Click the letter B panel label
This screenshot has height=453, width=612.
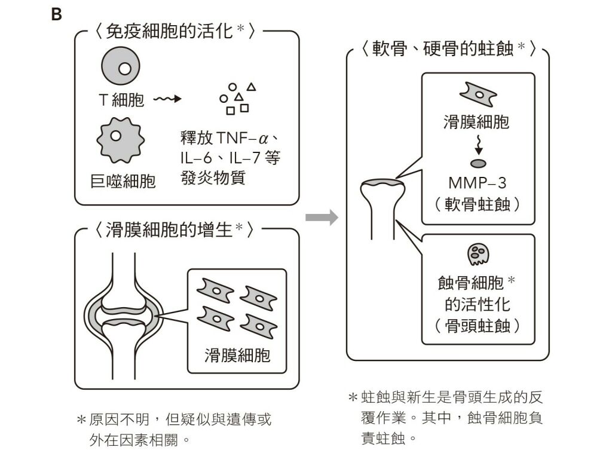click(x=57, y=15)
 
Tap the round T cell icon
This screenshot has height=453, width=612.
click(x=121, y=68)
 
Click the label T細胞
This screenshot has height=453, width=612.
click(x=121, y=100)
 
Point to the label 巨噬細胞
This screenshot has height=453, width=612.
click(x=123, y=180)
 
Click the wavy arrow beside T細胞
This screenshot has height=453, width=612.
click(x=167, y=100)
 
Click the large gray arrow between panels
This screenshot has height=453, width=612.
click(x=322, y=218)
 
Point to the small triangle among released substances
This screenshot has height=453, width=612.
click(x=251, y=87)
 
